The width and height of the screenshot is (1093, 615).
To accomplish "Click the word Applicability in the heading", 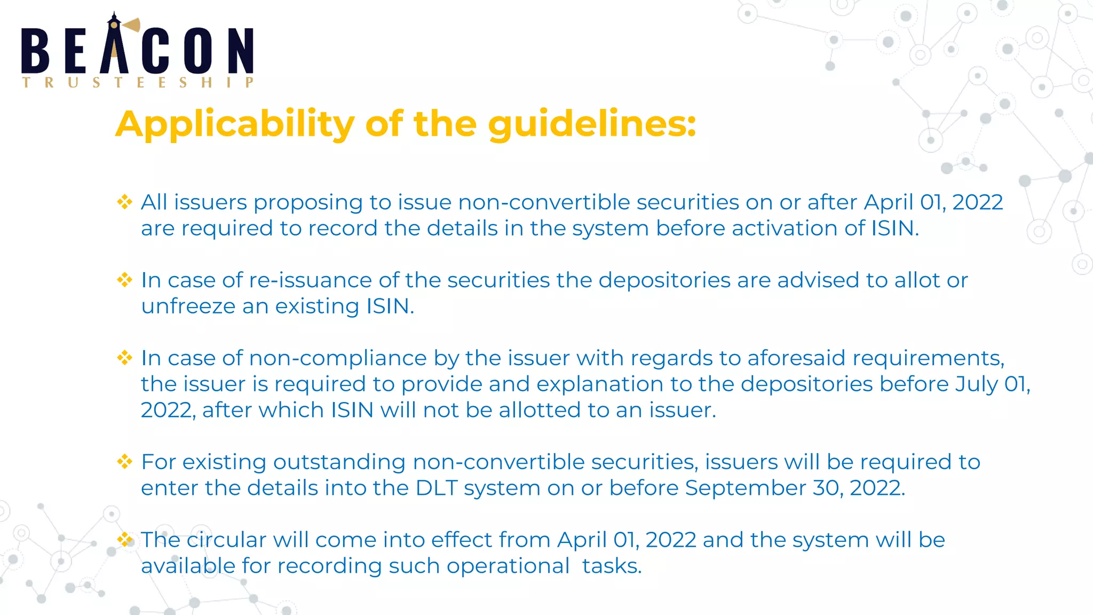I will tap(235, 124).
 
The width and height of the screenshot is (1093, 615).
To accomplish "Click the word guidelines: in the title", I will tap(592, 124).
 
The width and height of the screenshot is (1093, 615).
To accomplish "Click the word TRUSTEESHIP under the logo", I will tap(137, 83).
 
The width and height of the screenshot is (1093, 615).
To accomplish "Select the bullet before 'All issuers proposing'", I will tap(125, 202).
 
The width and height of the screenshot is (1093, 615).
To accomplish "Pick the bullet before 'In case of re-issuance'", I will tap(125, 280).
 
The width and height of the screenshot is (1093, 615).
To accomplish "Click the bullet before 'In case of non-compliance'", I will tap(125, 358).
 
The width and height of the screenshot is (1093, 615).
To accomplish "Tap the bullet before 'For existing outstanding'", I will tap(125, 462).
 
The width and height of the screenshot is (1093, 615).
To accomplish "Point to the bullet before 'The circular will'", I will tap(125, 540).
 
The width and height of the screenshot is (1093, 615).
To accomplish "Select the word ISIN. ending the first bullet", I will tap(895, 228).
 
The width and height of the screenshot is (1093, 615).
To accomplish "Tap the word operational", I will tap(508, 566).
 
